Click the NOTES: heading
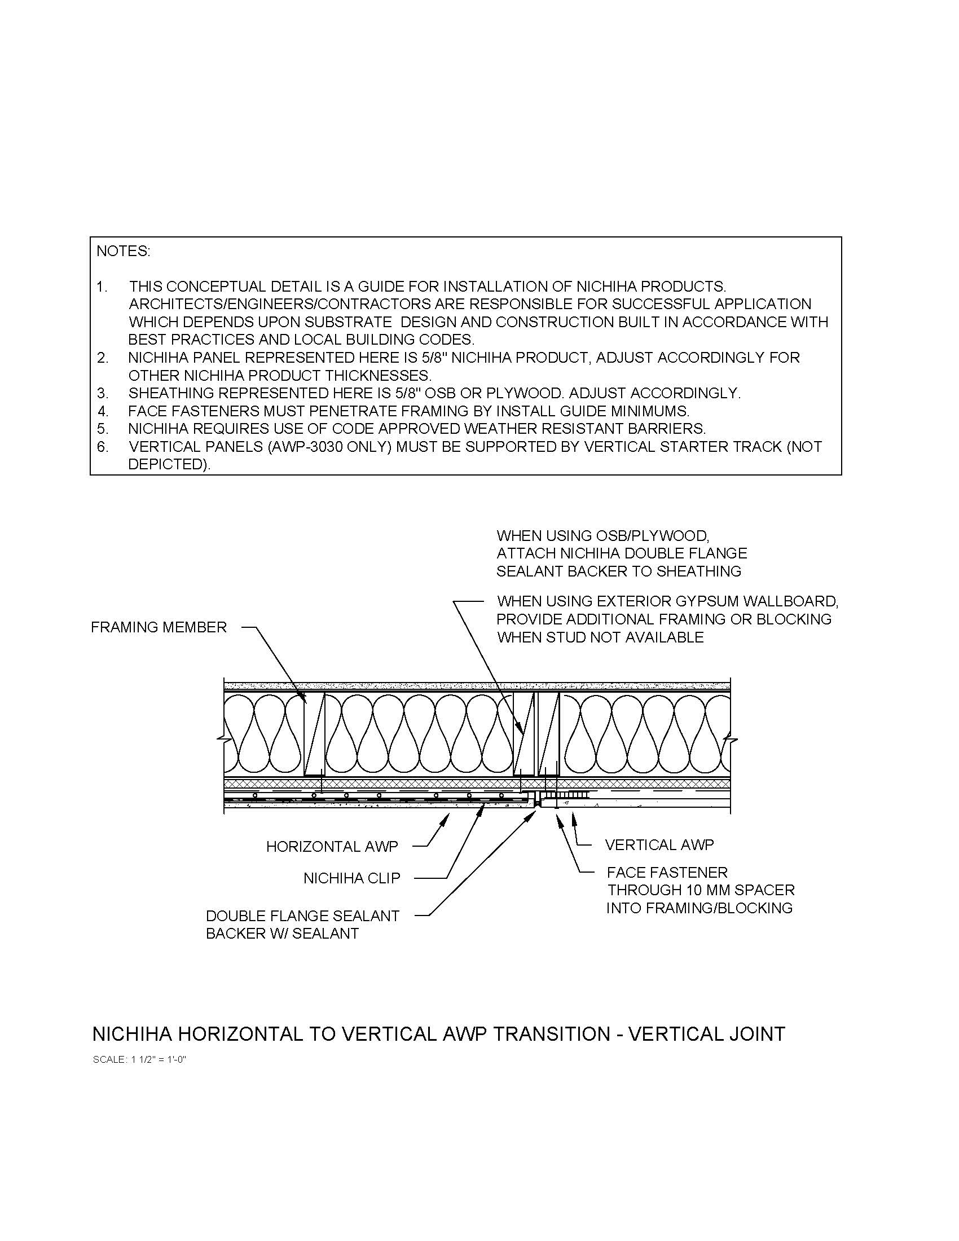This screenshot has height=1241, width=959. [124, 251]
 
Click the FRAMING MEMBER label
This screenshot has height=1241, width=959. [159, 627]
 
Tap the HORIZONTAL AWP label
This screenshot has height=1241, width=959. [332, 847]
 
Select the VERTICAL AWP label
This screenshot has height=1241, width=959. [659, 845]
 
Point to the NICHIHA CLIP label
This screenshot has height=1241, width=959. [351, 878]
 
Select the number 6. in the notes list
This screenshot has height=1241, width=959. [102, 447]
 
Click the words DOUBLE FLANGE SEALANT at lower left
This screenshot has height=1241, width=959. [302, 916]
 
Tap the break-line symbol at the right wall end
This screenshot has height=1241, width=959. [733, 740]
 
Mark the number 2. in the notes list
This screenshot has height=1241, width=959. [102, 358]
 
